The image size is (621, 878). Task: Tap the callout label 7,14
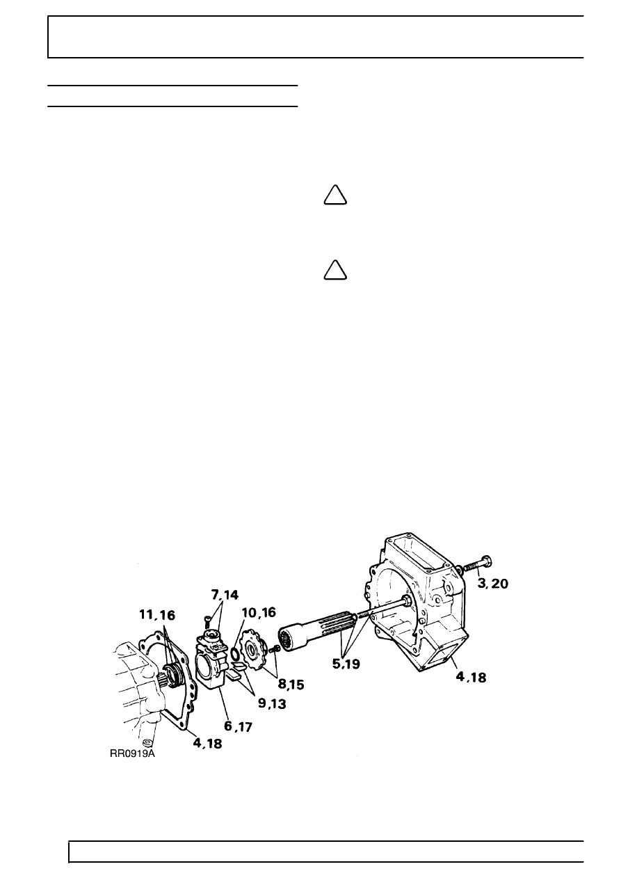225,595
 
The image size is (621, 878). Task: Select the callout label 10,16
259,612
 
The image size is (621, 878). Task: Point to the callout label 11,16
157,615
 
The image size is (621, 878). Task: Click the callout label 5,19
346,664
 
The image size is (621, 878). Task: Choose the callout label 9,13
272,703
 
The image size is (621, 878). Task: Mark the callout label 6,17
238,726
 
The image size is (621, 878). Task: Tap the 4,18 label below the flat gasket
207,743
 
